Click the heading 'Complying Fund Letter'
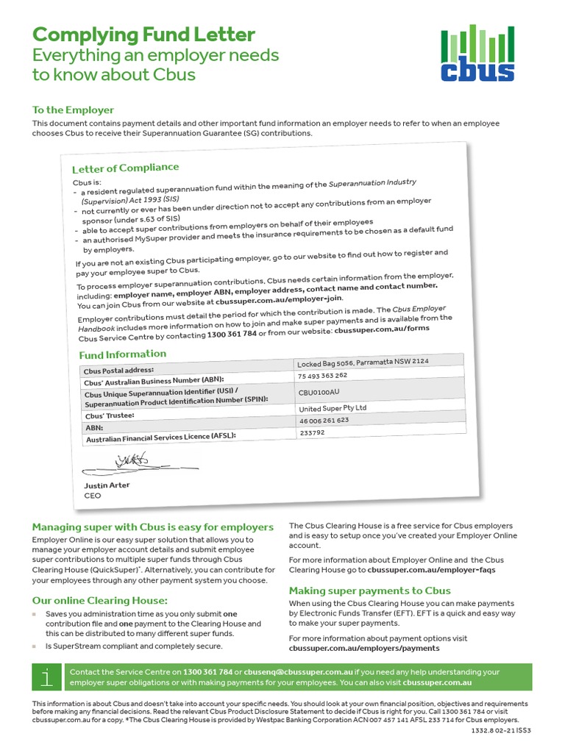coord(143,35)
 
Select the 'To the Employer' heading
coord(73,110)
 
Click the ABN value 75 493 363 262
coord(322,376)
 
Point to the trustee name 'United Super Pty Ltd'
coord(333,408)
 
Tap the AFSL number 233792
coord(313,433)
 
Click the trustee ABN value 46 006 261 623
coord(324,421)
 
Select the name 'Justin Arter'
coord(107,485)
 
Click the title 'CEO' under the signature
coord(93,496)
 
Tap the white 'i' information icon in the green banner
coord(47,677)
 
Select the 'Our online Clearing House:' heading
coord(99,601)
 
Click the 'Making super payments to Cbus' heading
coord(369,590)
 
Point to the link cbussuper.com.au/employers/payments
coord(364,649)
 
